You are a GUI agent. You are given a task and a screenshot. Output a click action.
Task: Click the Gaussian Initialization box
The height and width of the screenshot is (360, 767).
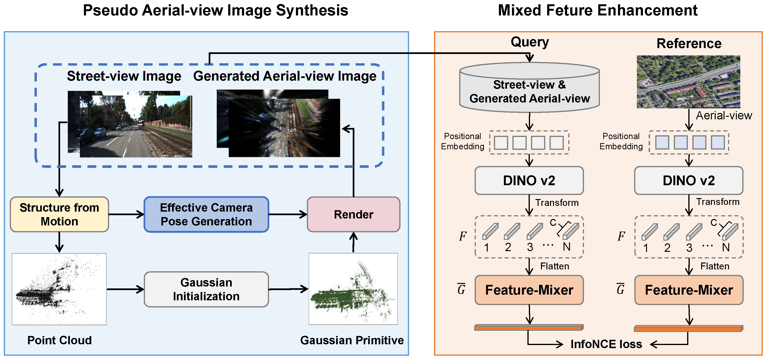(x=206, y=289)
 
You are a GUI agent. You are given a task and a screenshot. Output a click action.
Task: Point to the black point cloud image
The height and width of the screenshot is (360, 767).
(x=59, y=289)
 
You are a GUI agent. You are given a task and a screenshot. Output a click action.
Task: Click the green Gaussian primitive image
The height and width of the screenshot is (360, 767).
(x=353, y=289)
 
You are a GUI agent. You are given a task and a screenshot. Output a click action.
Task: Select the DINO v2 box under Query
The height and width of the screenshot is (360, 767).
(x=529, y=180)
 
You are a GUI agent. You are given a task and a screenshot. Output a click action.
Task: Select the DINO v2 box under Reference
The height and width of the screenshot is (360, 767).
(x=689, y=180)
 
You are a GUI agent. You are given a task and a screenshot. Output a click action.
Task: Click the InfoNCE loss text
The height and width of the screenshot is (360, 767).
(x=606, y=344)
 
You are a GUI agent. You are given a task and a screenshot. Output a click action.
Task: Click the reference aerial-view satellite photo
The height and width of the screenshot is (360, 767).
(x=688, y=82)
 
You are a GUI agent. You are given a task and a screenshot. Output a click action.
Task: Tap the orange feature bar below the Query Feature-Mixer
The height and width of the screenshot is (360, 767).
(x=529, y=328)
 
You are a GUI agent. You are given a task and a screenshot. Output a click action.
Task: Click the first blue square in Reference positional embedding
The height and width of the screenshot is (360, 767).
(x=662, y=142)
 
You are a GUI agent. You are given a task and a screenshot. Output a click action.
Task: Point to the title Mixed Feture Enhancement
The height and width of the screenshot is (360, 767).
(x=598, y=11)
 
